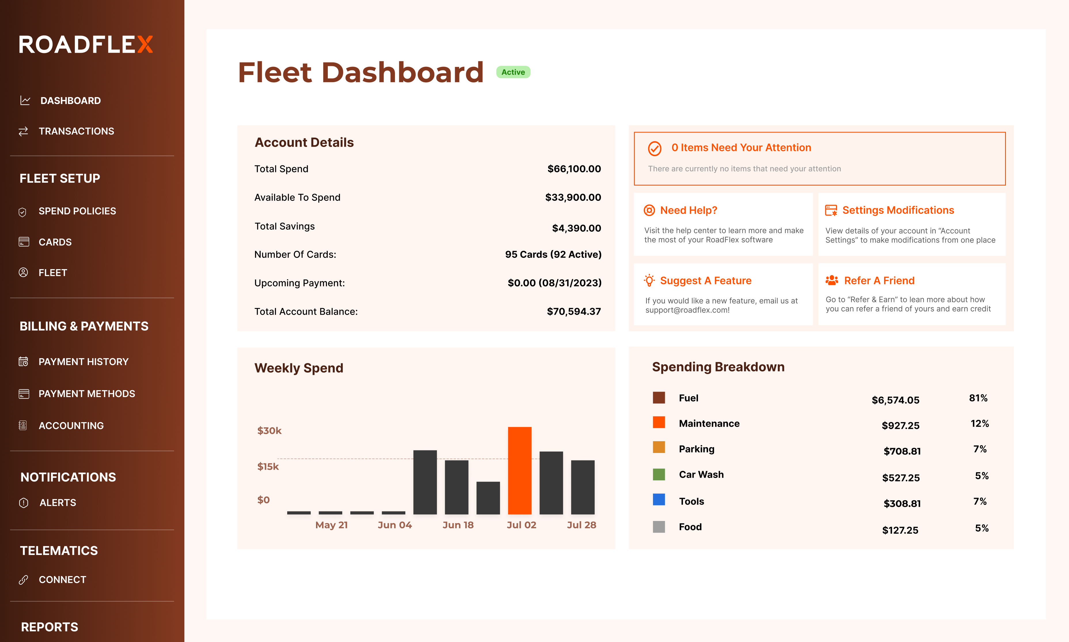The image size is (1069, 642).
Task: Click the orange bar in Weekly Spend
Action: (519, 470)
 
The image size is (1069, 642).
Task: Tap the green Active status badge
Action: (513, 72)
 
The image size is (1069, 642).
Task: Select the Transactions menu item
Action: (76, 131)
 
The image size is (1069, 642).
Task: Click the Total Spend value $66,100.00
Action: (574, 169)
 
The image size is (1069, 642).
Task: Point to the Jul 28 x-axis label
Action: (581, 525)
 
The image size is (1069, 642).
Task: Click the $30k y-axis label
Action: (269, 430)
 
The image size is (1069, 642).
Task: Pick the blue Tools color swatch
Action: (659, 500)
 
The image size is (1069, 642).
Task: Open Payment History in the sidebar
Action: (84, 362)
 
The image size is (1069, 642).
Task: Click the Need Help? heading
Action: (688, 210)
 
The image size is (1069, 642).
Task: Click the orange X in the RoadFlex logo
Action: (145, 45)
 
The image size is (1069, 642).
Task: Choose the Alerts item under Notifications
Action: (58, 503)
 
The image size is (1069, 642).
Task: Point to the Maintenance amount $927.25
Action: (900, 426)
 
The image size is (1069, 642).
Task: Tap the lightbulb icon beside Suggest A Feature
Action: (649, 280)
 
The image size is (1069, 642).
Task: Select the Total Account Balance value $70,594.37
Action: (574, 311)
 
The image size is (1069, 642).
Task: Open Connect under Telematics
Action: (62, 580)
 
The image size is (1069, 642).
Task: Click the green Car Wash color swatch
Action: (659, 475)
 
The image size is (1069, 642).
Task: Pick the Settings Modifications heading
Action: (898, 210)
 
